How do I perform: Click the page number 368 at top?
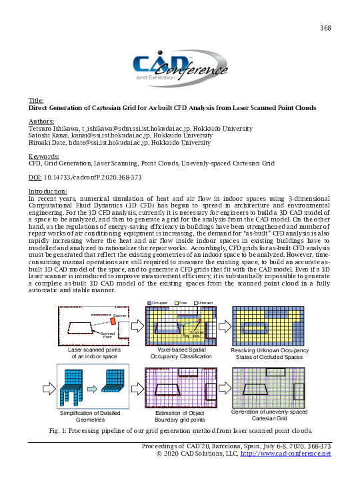click(x=326, y=27)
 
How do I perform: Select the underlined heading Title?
click(x=37, y=101)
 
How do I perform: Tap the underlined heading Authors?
click(x=41, y=121)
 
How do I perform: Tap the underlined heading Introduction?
click(x=51, y=191)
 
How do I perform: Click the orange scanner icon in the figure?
click(x=114, y=322)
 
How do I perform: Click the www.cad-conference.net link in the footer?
click(x=285, y=454)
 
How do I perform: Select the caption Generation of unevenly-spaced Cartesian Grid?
click(x=269, y=415)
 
